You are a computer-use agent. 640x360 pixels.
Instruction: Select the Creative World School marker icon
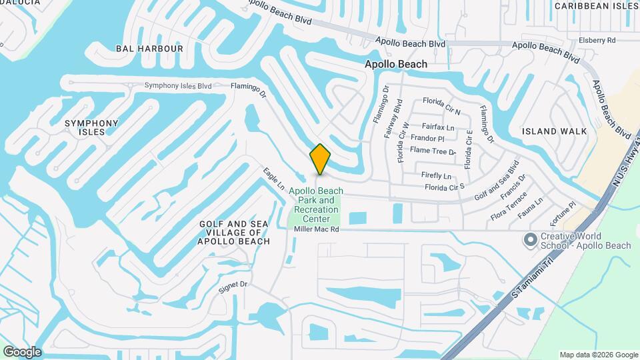(x=531, y=240)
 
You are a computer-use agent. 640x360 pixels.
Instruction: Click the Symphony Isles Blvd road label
(x=178, y=85)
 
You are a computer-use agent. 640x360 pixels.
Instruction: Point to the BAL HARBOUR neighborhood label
(x=149, y=49)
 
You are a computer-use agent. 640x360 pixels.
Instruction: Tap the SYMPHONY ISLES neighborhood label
(x=91, y=127)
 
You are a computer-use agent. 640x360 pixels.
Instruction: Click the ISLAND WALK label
(x=555, y=131)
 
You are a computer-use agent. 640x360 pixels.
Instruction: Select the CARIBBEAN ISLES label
(x=596, y=6)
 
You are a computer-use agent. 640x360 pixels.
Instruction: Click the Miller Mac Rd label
(x=317, y=229)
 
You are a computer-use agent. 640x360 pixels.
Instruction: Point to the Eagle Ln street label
(x=273, y=178)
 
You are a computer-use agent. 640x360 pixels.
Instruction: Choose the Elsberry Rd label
(x=597, y=40)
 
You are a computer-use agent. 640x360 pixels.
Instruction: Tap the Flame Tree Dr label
(x=433, y=151)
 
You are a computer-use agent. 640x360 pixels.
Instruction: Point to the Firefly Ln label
(x=436, y=175)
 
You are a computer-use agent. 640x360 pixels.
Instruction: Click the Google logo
(x=22, y=352)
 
